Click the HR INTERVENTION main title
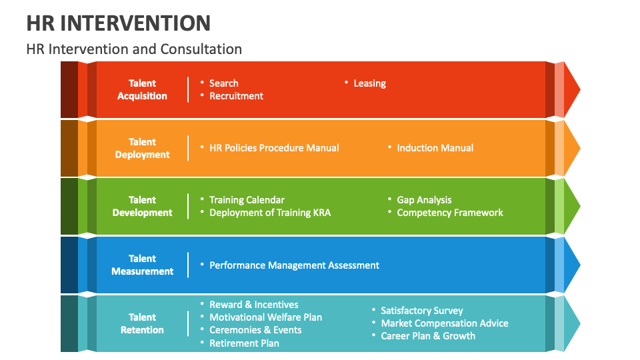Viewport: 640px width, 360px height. click(x=119, y=23)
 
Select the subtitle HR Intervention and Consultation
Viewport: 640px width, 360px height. click(x=134, y=49)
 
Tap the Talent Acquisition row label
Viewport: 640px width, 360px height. click(x=142, y=89)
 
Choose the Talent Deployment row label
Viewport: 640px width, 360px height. click(x=142, y=148)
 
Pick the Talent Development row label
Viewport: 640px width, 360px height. click(x=142, y=206)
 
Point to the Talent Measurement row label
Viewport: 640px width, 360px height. click(x=142, y=265)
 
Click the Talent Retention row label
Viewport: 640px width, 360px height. click(x=142, y=323)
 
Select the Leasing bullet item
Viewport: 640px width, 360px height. click(x=369, y=83)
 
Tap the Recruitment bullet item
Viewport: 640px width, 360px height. click(x=236, y=96)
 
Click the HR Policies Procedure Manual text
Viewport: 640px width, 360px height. click(x=274, y=148)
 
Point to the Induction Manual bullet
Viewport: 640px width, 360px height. click(x=435, y=148)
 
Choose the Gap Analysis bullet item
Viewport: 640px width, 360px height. click(x=424, y=200)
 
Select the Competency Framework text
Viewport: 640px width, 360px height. click(x=450, y=213)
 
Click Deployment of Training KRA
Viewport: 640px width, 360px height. click(x=270, y=213)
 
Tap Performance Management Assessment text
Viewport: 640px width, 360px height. click(x=294, y=265)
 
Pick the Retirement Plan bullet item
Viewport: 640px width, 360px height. click(x=244, y=343)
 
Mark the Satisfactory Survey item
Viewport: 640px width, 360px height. click(x=421, y=311)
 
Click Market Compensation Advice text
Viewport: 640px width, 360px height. click(x=444, y=323)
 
